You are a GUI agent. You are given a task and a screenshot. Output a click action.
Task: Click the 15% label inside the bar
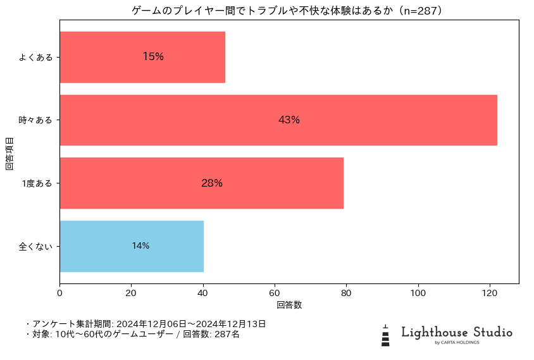pyautogui.click(x=153, y=57)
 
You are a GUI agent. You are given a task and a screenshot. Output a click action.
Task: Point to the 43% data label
pyautogui.click(x=289, y=120)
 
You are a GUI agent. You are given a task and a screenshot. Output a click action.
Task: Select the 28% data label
pyautogui.click(x=212, y=183)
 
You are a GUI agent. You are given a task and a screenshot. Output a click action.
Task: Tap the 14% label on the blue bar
pyautogui.click(x=140, y=246)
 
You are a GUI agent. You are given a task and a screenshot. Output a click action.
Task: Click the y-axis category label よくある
pyautogui.click(x=35, y=57)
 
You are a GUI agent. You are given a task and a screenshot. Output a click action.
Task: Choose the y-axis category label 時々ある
pyautogui.click(x=35, y=120)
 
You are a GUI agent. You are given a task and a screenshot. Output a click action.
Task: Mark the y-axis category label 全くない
pyautogui.click(x=35, y=246)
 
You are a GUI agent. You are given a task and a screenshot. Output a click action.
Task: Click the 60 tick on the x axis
pyautogui.click(x=275, y=293)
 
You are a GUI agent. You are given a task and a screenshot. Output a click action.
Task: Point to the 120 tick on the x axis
pyautogui.click(x=489, y=293)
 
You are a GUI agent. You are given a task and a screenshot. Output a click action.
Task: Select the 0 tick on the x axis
pyautogui.click(x=60, y=293)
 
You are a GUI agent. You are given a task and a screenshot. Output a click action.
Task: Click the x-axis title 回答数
pyautogui.click(x=289, y=305)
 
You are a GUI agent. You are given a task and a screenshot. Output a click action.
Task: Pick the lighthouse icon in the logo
pyautogui.click(x=385, y=336)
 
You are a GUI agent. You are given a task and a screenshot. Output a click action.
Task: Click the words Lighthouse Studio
pyautogui.click(x=457, y=333)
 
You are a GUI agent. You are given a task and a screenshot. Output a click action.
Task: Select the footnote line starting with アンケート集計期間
pyautogui.click(x=146, y=324)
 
